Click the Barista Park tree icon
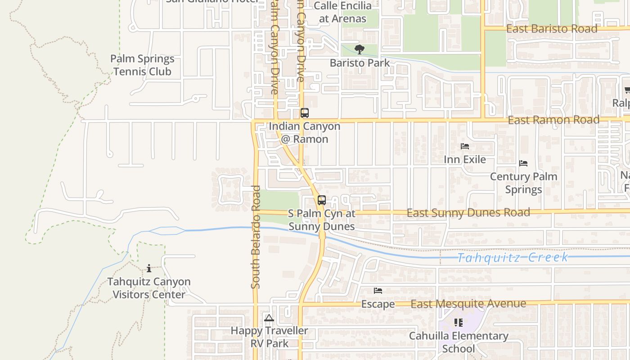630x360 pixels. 359,49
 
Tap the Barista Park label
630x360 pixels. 360,63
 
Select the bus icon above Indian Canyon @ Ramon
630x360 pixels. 305,113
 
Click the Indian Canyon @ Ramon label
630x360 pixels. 305,133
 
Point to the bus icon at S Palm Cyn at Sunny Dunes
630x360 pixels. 321,200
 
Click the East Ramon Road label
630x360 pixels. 553,120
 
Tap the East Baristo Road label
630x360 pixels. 552,29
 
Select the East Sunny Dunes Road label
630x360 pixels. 468,212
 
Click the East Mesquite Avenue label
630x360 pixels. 468,304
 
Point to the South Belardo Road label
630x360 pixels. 256,237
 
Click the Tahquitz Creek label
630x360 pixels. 513,257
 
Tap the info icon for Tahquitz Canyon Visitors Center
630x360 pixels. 149,269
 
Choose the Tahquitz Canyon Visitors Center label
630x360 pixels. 149,288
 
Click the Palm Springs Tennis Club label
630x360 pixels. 142,65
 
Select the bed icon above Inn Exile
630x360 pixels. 465,146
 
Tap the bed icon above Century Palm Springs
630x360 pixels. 523,163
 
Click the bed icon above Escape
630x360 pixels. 378,291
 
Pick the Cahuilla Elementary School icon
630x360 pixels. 459,322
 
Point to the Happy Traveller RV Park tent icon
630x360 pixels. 269,318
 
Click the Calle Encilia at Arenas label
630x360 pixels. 342,12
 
